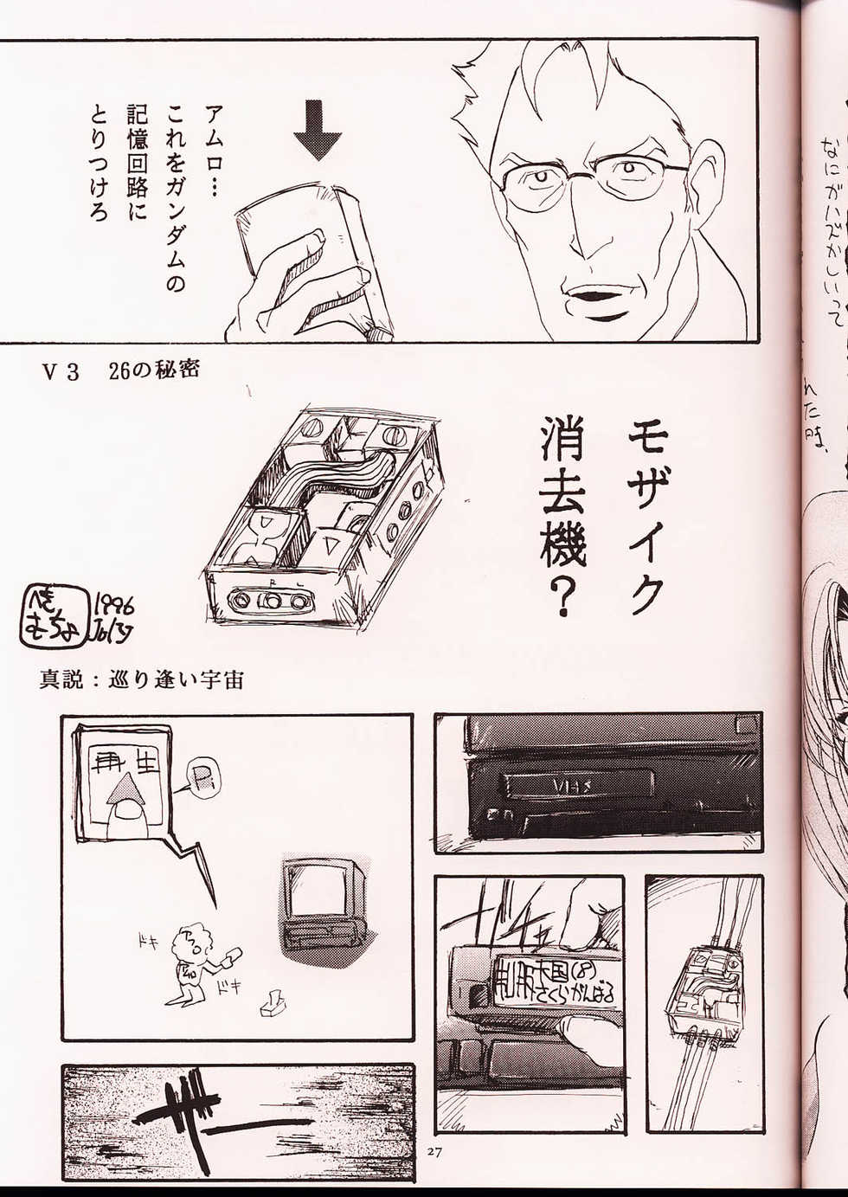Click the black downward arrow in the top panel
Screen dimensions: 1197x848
tap(317, 129)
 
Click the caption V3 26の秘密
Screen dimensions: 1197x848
tap(121, 371)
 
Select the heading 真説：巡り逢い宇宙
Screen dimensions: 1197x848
tap(140, 679)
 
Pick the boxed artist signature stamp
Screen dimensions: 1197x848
tap(54, 615)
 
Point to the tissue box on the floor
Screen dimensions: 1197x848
tap(273, 1004)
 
